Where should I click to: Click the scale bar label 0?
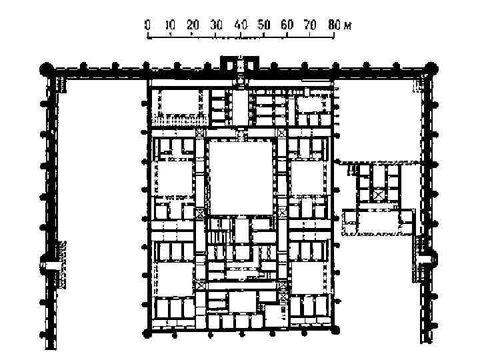[147, 25]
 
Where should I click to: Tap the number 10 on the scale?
[170, 25]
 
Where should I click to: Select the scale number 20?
[193, 25]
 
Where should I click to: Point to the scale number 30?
[217, 25]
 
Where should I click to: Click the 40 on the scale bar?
[241, 25]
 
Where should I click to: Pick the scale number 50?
[263, 25]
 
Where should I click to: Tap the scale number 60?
[287, 25]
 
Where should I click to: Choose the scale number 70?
[310, 25]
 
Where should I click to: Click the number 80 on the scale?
[334, 25]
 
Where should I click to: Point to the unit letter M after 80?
[347, 26]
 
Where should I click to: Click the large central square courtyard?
[241, 177]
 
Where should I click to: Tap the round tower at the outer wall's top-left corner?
[47, 69]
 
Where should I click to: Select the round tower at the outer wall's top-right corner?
[431, 69]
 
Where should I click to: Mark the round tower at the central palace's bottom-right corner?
[335, 331]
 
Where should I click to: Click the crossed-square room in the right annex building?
[379, 195]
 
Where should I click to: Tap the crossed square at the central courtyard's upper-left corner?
[200, 133]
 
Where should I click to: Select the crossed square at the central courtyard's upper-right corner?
[281, 133]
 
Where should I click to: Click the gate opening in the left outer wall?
[51, 265]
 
